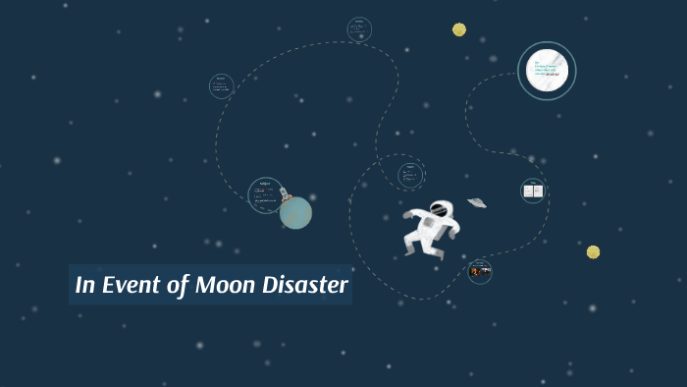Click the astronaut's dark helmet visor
pos(439,209)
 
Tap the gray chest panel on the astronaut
pos(430,224)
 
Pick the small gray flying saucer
pos(477,202)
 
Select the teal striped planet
pos(295,213)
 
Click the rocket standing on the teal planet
pos(285,194)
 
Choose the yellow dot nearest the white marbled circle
pos(459,29)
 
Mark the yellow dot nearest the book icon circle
pos(593,251)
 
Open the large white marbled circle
pos(547,71)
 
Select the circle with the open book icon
pos(533,191)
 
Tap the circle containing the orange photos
pos(480,271)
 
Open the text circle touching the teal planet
pos(265,195)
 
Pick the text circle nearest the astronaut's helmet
pos(411,176)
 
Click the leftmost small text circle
pos(222,86)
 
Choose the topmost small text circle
pos(359,29)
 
